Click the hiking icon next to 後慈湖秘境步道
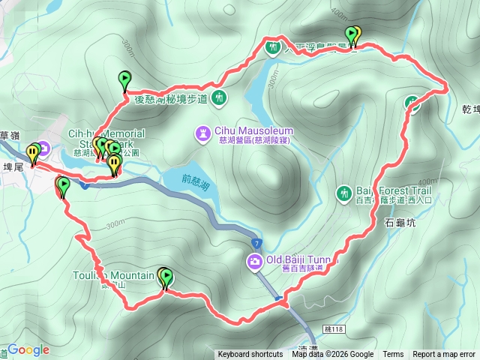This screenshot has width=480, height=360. [x=218, y=97]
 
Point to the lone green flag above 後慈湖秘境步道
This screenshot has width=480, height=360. [x=124, y=79]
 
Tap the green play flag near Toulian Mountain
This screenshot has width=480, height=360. [x=166, y=278]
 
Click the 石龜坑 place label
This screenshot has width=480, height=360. [x=399, y=223]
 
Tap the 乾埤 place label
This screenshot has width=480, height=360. [x=471, y=109]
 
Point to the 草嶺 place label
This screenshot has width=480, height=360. [x=8, y=135]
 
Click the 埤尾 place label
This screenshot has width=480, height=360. [x=13, y=168]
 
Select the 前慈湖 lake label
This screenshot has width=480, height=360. [x=194, y=180]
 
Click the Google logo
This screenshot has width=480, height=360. [x=28, y=350]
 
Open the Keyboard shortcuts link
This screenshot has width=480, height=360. [x=250, y=355]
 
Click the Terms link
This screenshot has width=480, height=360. [x=393, y=355]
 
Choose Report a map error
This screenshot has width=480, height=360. [x=444, y=355]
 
